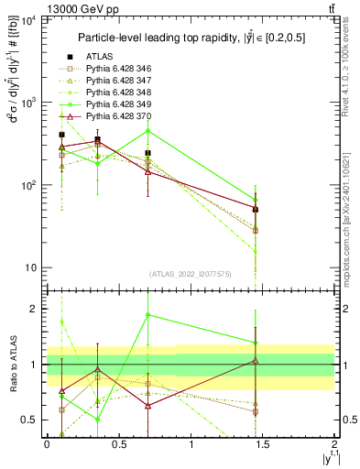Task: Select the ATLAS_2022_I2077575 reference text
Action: pos(191,274)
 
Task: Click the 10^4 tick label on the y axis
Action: pos(27,20)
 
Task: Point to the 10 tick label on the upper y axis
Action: pos(29,268)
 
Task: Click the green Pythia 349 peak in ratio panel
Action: pos(147,315)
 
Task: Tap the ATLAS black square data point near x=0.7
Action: pos(147,153)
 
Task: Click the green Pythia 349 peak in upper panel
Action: pos(147,130)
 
